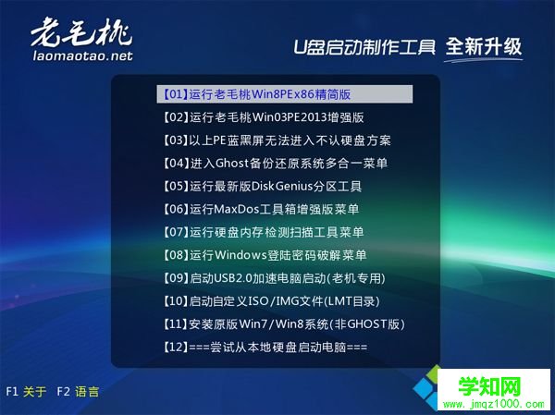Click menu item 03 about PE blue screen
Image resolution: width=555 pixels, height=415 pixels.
(275, 140)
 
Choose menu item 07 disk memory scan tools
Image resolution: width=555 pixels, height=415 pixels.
(263, 232)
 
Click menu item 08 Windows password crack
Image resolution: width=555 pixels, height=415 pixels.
(264, 255)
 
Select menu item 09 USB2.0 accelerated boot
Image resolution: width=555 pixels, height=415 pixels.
(272, 278)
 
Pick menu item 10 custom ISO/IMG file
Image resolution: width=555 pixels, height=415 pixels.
(270, 301)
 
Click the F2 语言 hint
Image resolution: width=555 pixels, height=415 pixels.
(78, 392)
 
